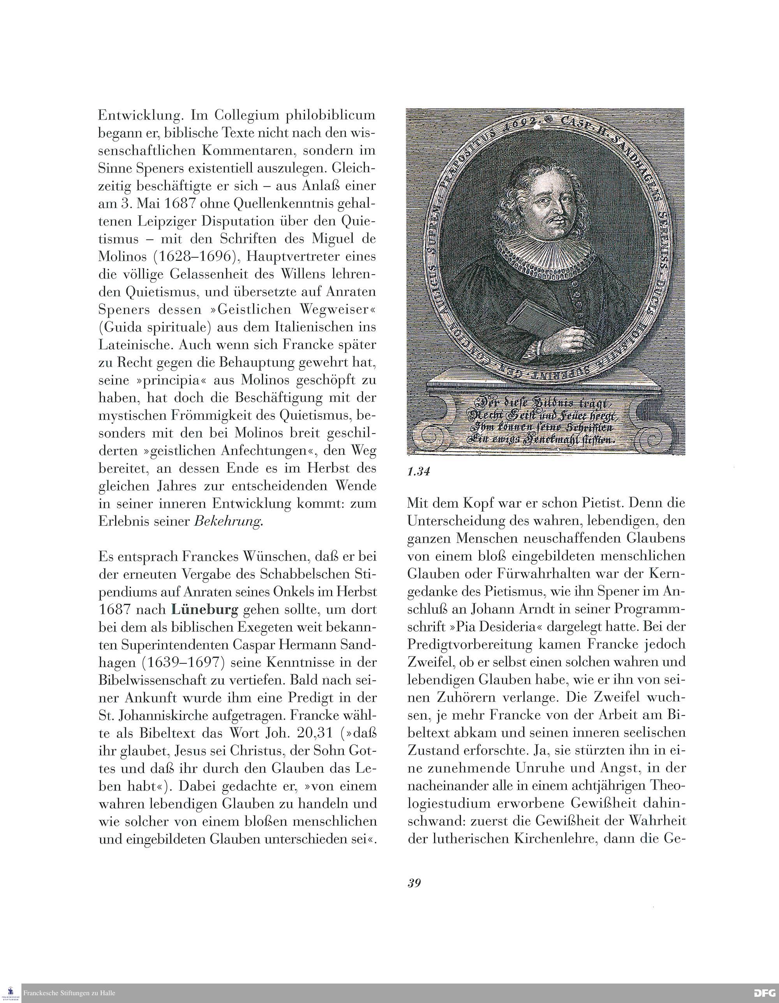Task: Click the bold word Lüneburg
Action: click(205, 610)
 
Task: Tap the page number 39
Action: click(414, 883)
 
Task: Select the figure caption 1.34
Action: click(418, 471)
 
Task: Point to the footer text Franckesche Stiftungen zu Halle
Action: click(69, 993)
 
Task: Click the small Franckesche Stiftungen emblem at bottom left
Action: click(11, 993)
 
